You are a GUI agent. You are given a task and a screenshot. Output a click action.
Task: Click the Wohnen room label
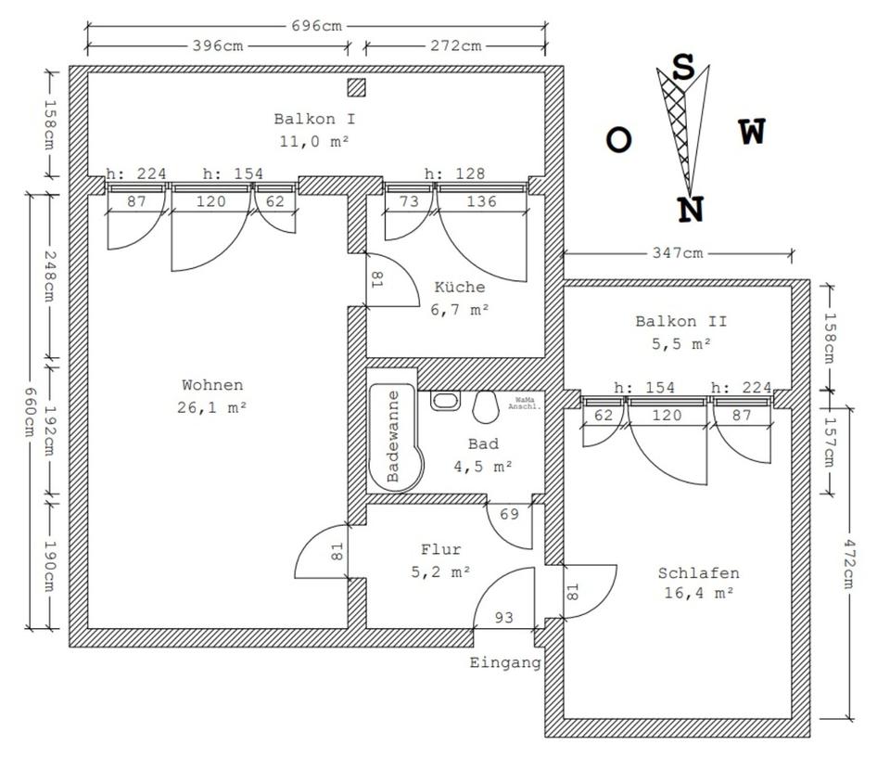[212, 385]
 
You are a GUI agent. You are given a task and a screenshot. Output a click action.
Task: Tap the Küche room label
[460, 287]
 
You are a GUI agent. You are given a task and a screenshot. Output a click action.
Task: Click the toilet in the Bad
[485, 406]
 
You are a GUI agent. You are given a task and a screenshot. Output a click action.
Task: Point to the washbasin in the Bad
[445, 401]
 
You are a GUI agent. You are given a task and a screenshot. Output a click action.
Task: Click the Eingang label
[505, 662]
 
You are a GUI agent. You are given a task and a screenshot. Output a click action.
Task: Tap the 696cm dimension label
[317, 26]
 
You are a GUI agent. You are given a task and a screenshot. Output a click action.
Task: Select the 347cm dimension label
[677, 252]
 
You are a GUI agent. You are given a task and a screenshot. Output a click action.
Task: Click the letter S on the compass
[683, 68]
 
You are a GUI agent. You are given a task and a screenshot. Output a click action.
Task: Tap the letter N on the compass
[691, 210]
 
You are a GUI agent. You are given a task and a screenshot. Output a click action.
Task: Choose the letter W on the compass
[753, 132]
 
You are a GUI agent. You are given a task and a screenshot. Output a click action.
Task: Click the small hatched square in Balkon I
[356, 87]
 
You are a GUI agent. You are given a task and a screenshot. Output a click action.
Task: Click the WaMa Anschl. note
[524, 404]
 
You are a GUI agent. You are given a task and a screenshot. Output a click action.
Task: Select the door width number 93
[504, 617]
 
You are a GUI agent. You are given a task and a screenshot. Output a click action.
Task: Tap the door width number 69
[509, 514]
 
